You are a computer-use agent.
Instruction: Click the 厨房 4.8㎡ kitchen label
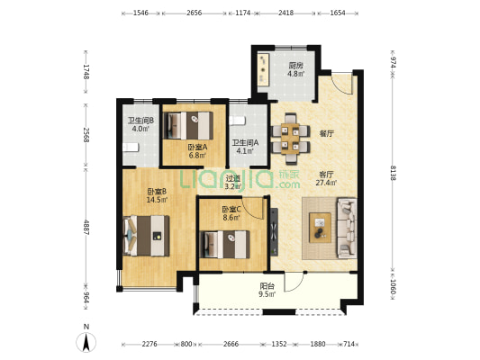click(x=296, y=69)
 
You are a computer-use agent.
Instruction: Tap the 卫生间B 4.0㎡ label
click(x=140, y=124)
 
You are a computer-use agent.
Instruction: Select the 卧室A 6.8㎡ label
click(x=197, y=151)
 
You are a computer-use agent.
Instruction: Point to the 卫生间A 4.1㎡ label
click(x=245, y=147)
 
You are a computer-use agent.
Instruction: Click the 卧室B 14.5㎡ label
click(x=157, y=196)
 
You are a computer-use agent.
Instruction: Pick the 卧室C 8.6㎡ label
click(x=231, y=213)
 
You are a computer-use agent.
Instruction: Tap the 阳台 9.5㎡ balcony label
click(x=267, y=291)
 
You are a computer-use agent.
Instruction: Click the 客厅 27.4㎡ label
click(x=326, y=178)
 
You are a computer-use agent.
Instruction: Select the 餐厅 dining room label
click(x=326, y=133)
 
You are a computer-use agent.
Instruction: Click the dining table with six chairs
click(x=291, y=139)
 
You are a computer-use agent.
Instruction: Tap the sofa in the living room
click(x=347, y=228)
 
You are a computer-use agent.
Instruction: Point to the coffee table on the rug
click(x=321, y=228)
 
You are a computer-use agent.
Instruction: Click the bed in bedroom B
click(x=146, y=236)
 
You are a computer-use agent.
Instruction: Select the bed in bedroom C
click(x=224, y=245)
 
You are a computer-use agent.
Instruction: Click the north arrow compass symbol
click(x=86, y=342)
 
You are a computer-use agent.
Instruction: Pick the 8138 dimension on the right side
click(x=392, y=173)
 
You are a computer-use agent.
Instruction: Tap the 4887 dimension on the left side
click(x=86, y=227)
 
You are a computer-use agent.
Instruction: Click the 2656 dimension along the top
click(x=195, y=13)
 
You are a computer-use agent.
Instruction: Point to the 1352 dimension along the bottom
click(x=279, y=344)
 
